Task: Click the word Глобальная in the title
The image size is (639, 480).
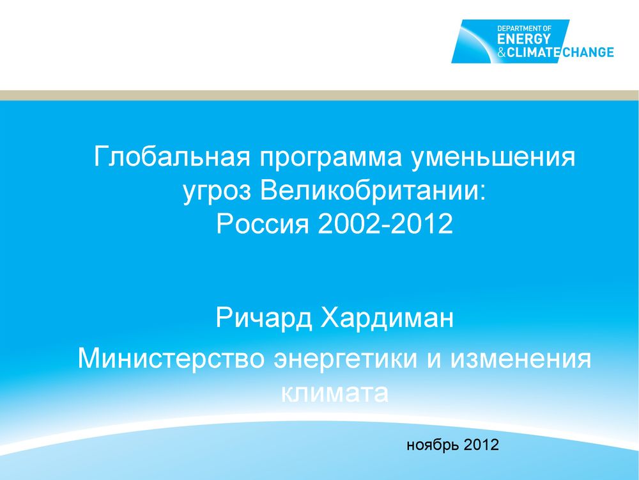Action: coord(171,156)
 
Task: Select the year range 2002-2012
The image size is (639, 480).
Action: coord(385,223)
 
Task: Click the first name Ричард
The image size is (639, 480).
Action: coord(264,318)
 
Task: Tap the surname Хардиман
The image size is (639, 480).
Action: coord(387,318)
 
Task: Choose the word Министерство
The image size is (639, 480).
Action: coord(171,358)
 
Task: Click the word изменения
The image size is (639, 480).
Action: coord(520,358)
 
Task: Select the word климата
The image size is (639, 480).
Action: coord(334,393)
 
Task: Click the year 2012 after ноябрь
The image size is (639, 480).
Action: coord(481,445)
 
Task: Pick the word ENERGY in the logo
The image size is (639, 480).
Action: coord(524,39)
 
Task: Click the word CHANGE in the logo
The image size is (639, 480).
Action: coord(588,52)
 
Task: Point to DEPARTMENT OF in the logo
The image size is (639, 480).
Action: coord(524,29)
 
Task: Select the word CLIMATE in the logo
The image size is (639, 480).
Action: coord(533,52)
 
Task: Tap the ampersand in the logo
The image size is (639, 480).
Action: coord(501,52)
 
